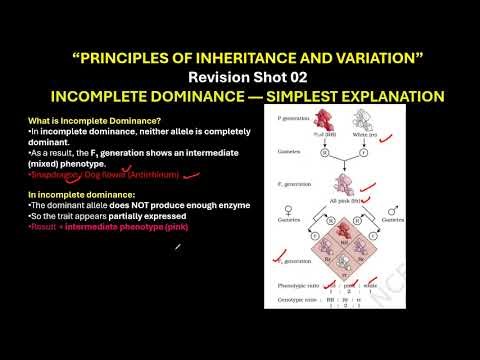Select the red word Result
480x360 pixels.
point(42,227)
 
